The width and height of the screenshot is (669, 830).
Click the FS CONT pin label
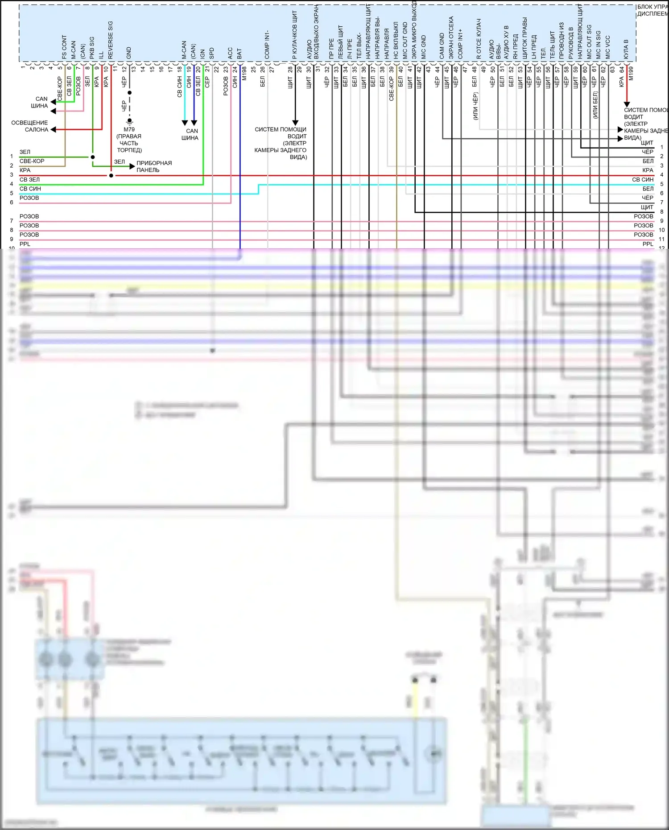pyautogui.click(x=64, y=47)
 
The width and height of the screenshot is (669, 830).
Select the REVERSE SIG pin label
pyautogui.click(x=111, y=40)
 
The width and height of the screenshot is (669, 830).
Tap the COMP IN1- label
pyautogui.click(x=267, y=45)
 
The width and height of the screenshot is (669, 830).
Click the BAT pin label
pyautogui.click(x=240, y=54)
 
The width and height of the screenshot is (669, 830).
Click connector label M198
pyautogui.click(x=244, y=74)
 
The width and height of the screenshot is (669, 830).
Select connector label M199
pyautogui.click(x=631, y=74)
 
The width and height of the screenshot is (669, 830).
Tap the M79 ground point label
pyautogui.click(x=129, y=129)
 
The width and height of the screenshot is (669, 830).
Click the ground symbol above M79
pyautogui.click(x=129, y=121)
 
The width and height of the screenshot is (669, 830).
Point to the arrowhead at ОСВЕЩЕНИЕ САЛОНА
pyautogui.click(x=53, y=130)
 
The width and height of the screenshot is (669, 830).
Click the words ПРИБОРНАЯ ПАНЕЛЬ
pyautogui.click(x=153, y=166)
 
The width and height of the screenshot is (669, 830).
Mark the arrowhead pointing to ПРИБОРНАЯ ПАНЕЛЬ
pyautogui.click(x=132, y=166)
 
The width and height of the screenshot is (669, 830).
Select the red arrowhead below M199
pyautogui.click(x=627, y=104)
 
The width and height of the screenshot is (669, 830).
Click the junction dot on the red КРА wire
pyautogui.click(x=111, y=176)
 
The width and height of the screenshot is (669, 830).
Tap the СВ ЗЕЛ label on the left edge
pyautogui.click(x=29, y=179)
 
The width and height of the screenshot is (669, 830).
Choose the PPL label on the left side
pyautogui.click(x=25, y=244)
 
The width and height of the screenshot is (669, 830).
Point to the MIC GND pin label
pyautogui.click(x=423, y=47)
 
